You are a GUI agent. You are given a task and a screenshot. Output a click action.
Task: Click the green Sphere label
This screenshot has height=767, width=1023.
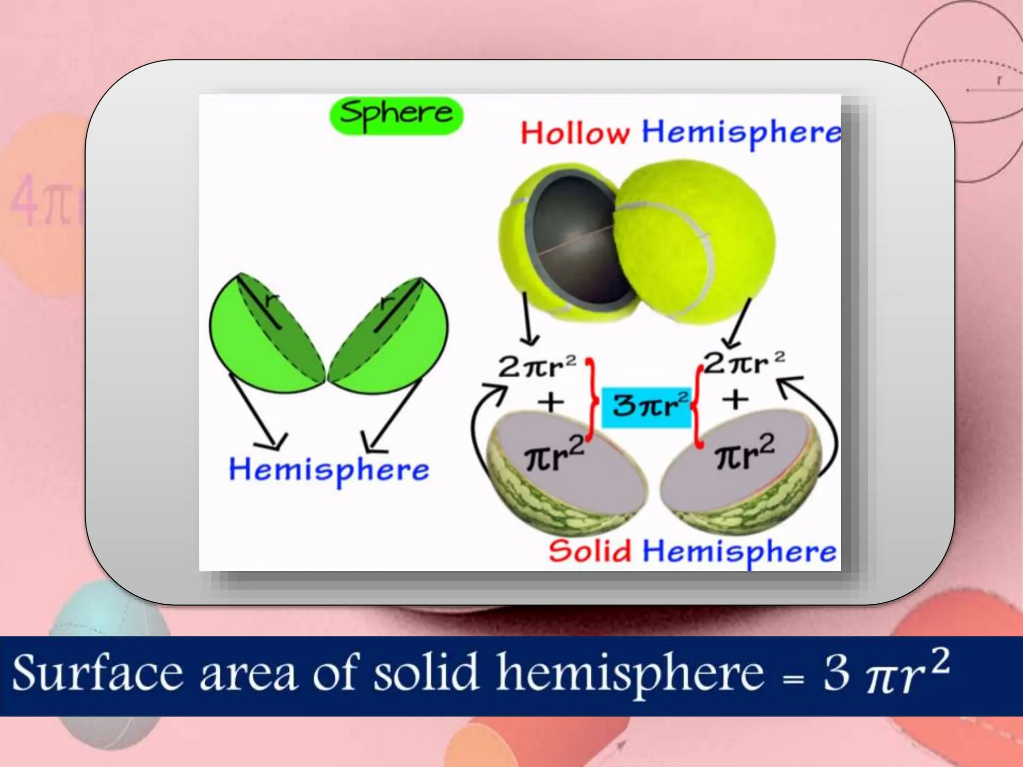coord(396,115)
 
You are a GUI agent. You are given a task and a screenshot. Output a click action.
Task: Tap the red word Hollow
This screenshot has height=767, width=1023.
coord(574,133)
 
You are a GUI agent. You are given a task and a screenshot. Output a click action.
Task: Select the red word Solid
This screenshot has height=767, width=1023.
coord(590,551)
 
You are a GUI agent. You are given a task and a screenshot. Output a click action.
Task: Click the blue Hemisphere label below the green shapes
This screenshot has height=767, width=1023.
coord(329,470)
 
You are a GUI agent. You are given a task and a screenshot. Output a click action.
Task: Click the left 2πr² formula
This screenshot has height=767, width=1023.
coord(537,367)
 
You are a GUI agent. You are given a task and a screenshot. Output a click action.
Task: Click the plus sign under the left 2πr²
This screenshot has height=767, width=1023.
coord(551,402)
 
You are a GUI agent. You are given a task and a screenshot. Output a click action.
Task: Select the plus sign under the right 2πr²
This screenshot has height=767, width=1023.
coord(736,399)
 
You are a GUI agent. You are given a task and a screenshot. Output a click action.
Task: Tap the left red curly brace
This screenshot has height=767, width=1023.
coord(592,399)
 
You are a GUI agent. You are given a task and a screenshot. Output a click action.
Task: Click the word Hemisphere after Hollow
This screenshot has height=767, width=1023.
coord(740,132)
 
